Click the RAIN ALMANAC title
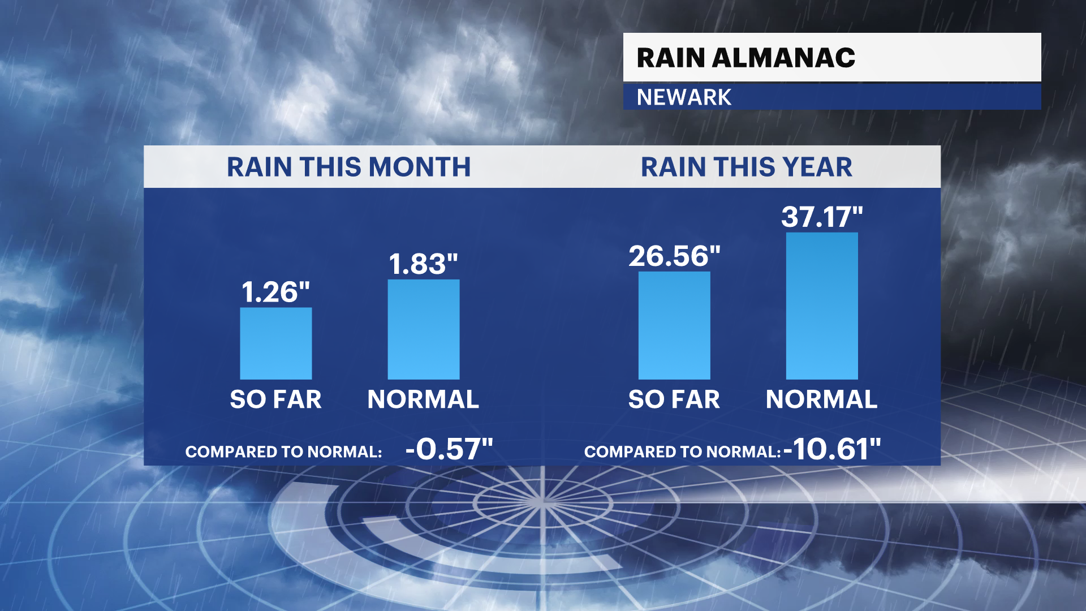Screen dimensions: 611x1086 point(745,58)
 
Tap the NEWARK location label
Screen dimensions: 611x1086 point(684,97)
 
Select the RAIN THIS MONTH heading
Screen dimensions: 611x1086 point(348,167)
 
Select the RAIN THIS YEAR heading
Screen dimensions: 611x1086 point(746,167)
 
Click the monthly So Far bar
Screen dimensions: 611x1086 point(276,343)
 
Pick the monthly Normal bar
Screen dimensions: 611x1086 point(424,329)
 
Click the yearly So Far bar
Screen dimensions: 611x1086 point(674,325)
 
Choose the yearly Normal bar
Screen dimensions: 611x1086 point(822,305)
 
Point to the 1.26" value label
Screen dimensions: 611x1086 point(276,292)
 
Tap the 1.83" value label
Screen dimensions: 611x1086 point(424,264)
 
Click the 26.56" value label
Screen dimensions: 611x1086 point(674,256)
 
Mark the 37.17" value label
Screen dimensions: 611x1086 point(822,217)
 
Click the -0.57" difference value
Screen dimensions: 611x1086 point(449,450)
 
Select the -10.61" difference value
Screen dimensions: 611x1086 point(832,450)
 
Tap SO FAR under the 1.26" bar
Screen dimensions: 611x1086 point(276,399)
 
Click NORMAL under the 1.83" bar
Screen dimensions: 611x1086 point(424,399)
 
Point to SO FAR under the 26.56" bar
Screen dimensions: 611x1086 point(674,399)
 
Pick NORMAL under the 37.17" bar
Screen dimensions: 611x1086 point(822,399)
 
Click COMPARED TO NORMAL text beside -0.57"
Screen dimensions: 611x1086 point(283,452)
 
